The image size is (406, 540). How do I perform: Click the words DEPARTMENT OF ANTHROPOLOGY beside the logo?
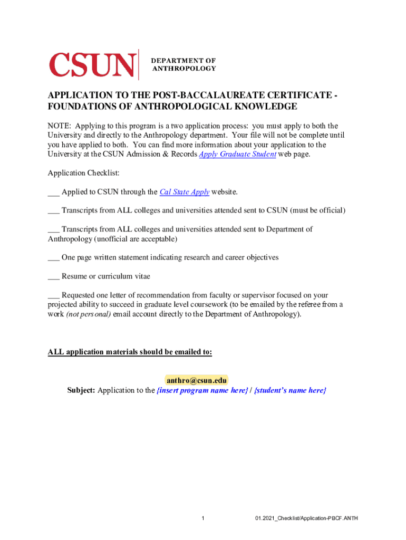click(x=183, y=64)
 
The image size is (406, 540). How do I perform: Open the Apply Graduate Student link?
click(x=237, y=155)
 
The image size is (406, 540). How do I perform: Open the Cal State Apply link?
click(x=185, y=192)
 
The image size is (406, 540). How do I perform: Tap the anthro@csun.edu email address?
click(x=197, y=380)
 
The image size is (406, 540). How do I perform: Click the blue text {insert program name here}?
click(x=202, y=391)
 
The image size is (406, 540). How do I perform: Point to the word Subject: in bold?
click(x=81, y=391)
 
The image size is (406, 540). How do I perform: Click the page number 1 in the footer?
click(x=203, y=518)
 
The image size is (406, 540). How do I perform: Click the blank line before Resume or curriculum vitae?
click(x=53, y=277)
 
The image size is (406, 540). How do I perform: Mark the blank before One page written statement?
click(x=53, y=258)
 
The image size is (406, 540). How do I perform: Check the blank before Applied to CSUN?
click(x=53, y=192)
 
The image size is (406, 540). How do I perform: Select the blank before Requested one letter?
click(x=53, y=296)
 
